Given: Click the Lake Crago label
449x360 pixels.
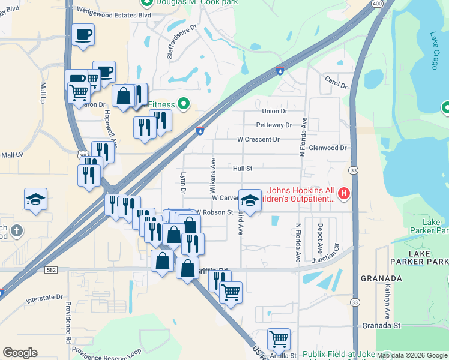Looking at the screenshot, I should point(434,52).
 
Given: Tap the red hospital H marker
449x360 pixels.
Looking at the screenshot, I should point(344,193).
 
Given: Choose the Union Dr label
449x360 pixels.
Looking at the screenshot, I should point(275,111).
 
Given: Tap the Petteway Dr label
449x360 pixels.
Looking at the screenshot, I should point(274,125).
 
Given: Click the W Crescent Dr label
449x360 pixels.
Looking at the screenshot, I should point(258,139).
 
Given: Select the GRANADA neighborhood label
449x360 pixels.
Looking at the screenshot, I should point(381,279).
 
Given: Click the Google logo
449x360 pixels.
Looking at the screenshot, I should point(20,353).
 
